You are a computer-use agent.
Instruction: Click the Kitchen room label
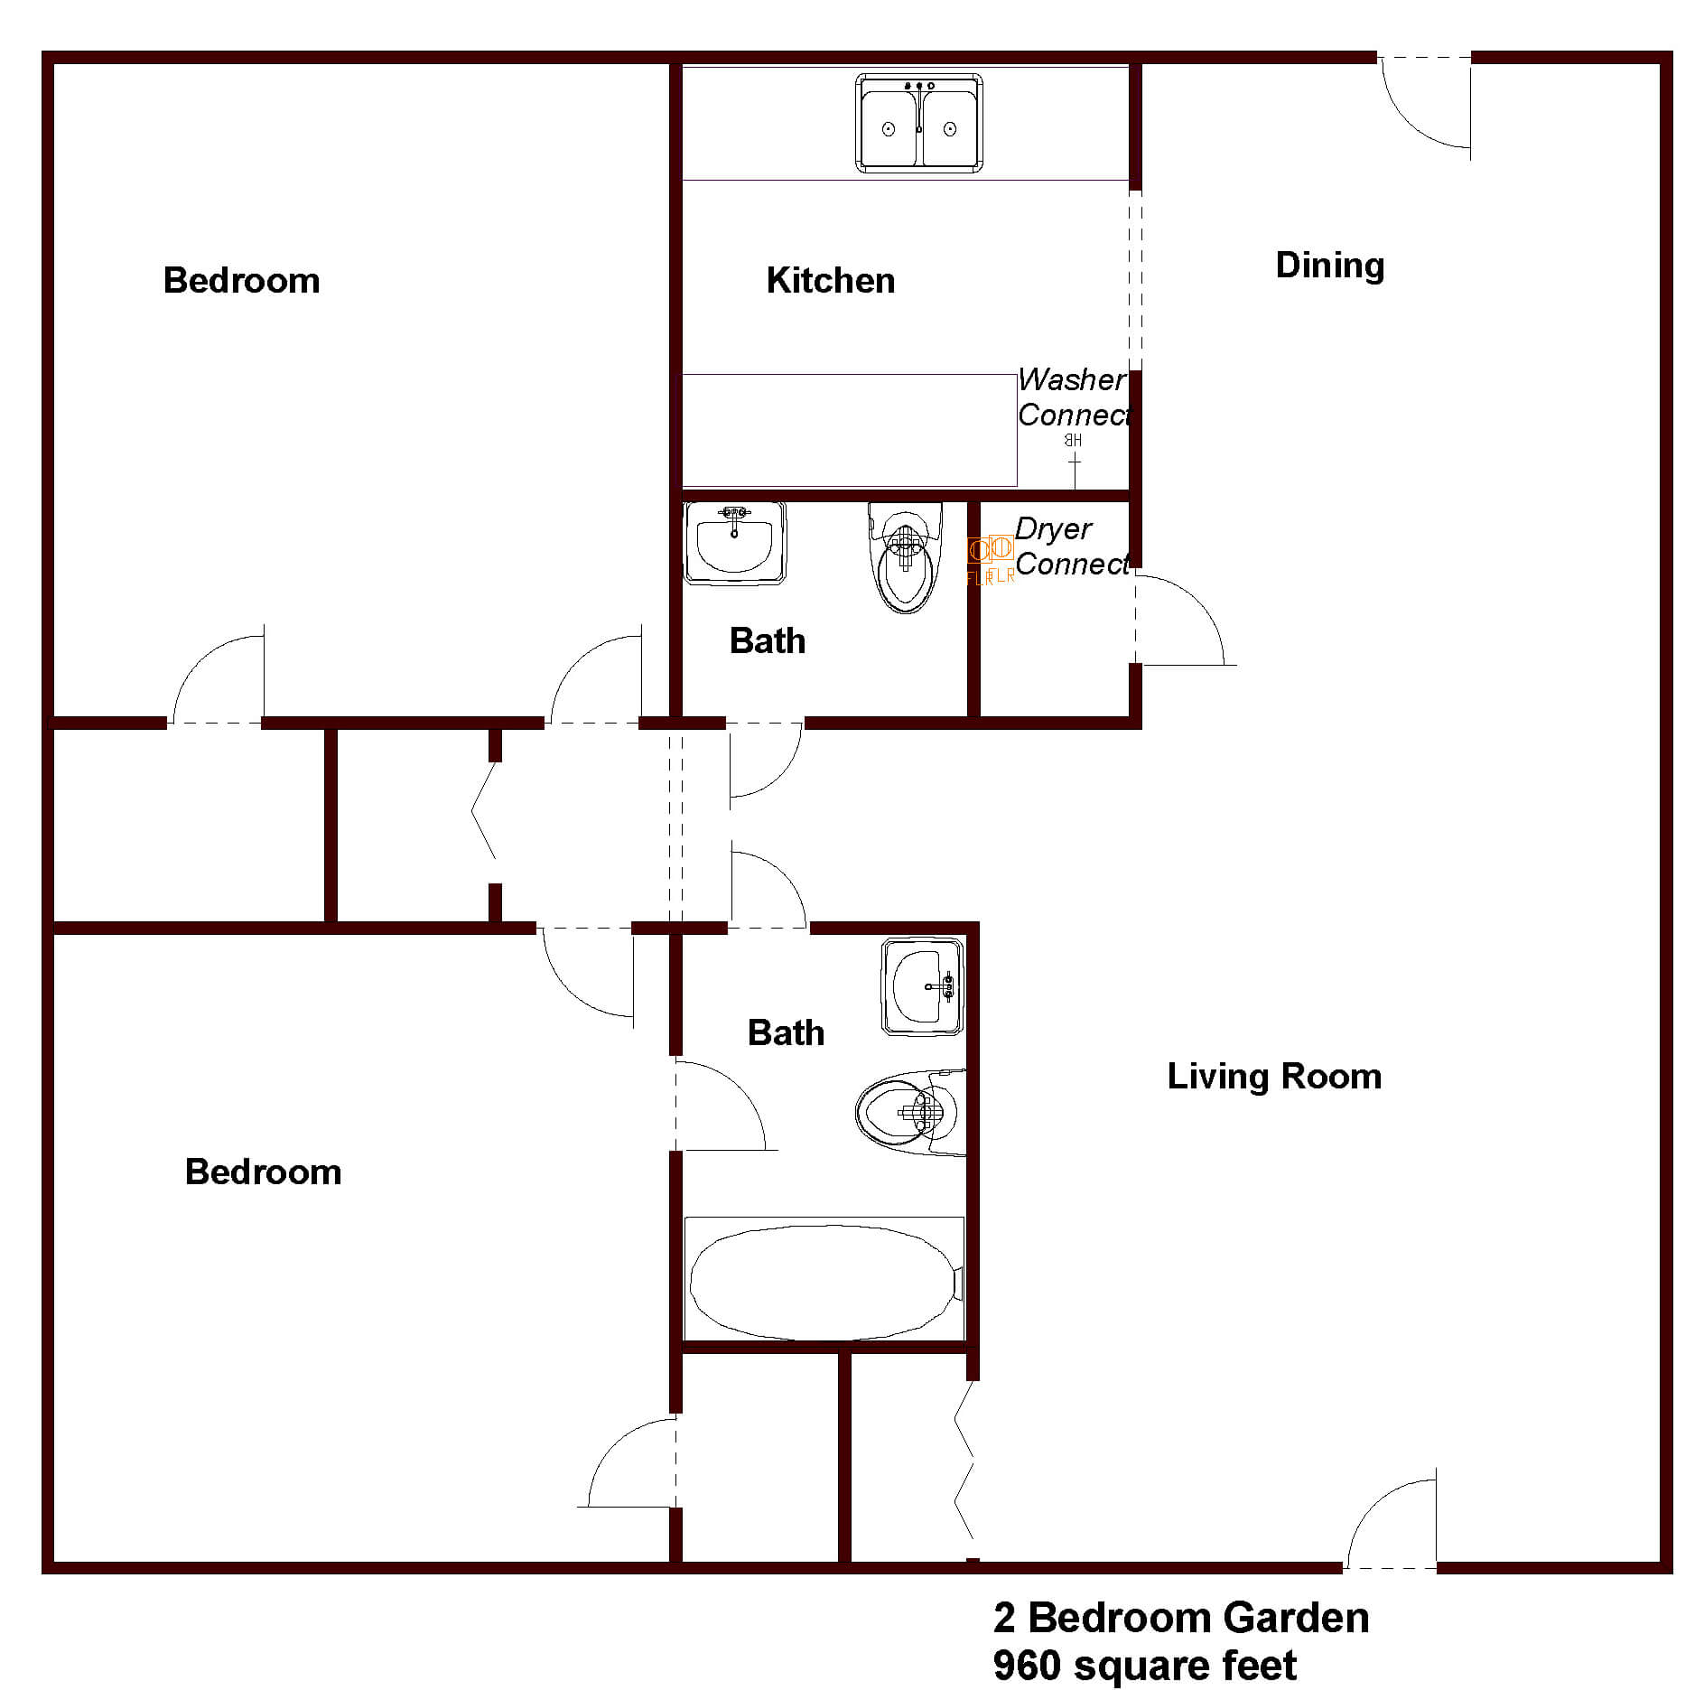(830, 281)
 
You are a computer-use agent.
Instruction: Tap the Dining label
(1329, 266)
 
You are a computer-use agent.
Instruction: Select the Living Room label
(1274, 1076)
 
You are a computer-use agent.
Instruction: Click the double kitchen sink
(918, 124)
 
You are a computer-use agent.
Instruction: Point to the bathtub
(824, 1282)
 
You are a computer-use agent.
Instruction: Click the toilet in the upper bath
(905, 559)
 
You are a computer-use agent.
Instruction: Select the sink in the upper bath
(734, 542)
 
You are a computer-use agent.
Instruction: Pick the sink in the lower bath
(922, 985)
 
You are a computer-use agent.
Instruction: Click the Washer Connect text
(1073, 397)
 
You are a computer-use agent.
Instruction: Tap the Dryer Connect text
(1071, 546)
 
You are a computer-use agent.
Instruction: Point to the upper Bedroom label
(241, 281)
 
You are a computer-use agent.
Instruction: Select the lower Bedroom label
(263, 1172)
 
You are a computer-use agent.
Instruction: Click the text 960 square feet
(1144, 1665)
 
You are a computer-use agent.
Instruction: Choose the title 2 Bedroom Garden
(1180, 1617)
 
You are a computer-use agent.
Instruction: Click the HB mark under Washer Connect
(1073, 441)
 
